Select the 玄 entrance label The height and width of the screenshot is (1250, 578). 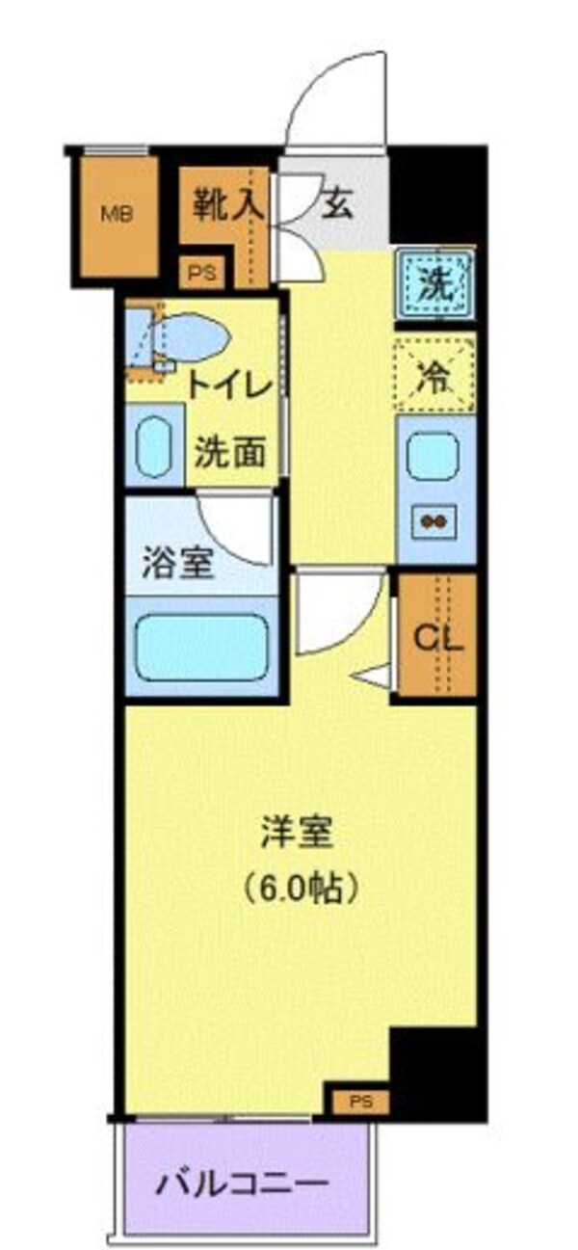click(x=336, y=204)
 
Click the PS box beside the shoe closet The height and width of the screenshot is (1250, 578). click(x=202, y=274)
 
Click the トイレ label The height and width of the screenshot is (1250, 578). click(x=229, y=387)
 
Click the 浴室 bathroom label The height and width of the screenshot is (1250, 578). click(x=177, y=564)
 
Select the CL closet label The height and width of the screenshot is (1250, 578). click(x=438, y=637)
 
